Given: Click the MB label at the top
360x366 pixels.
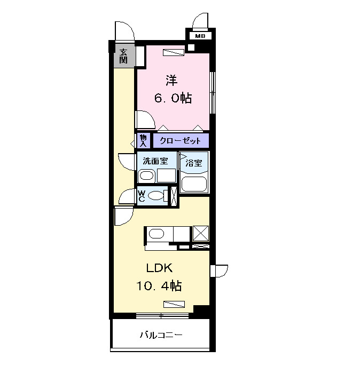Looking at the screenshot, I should point(200,36).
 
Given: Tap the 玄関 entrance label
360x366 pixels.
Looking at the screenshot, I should point(123,55).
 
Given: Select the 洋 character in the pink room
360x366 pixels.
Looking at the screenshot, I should point(171,80).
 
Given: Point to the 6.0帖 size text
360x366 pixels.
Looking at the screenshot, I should point(173,98).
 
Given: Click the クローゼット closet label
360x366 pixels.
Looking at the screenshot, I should point(181,141).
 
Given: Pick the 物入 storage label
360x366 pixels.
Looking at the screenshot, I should point(143,141).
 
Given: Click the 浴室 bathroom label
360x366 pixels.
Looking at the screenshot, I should point(193,163).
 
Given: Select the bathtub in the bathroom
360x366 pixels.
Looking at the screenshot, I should point(193,184).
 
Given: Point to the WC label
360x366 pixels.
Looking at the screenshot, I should point(142,196).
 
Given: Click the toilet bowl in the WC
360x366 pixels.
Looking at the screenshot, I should point(156,196).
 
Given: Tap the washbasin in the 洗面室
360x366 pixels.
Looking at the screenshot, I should point(147,176).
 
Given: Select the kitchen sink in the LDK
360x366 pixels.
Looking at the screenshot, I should point(156,234).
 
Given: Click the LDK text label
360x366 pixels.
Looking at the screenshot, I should point(159,268).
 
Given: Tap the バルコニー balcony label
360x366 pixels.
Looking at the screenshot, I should point(161,336).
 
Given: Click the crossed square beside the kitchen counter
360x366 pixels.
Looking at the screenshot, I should point(201,234).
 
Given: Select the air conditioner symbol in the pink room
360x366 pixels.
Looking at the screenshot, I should point(173,52).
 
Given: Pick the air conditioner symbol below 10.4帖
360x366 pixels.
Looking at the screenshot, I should point(174,305).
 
